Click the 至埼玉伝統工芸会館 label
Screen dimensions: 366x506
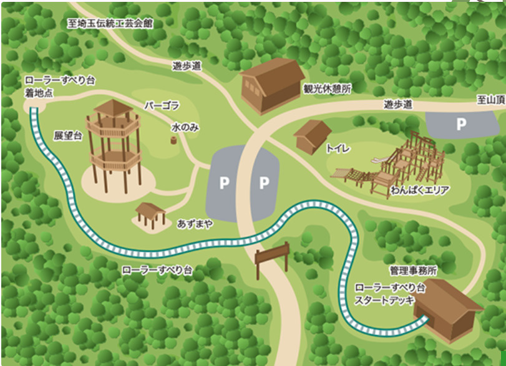pyautogui.click(x=111, y=23)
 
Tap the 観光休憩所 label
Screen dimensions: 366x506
pyautogui.click(x=326, y=89)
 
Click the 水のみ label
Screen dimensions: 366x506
pyautogui.click(x=185, y=127)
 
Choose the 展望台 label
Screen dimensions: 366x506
pyautogui.click(x=68, y=135)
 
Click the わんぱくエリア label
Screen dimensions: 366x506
pyautogui.click(x=420, y=190)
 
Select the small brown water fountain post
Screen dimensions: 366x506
pyautogui.click(x=173, y=140)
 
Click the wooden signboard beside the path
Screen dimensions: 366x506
pyautogui.click(x=271, y=255)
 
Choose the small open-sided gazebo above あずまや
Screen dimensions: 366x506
pyautogui.click(x=150, y=213)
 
